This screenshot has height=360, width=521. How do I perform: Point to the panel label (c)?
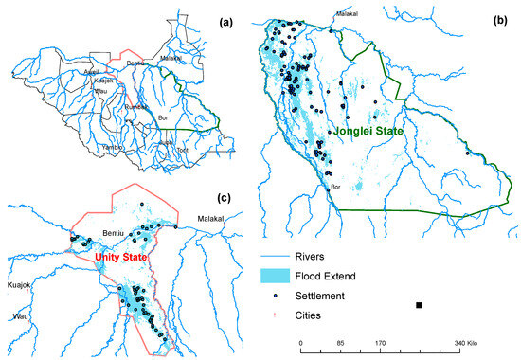point(224,197)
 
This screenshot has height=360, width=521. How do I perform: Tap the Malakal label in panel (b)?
point(346,14)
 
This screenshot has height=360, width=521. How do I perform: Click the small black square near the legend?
point(418,305)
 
